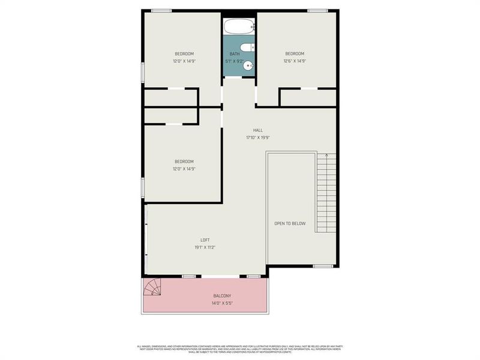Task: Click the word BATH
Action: [x=234, y=54]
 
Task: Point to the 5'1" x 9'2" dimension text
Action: [x=234, y=61]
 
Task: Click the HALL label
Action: [x=258, y=130]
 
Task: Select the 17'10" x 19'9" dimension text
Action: [x=258, y=137]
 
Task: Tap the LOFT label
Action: [x=205, y=240]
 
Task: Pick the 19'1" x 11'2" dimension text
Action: [x=205, y=247]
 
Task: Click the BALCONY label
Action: [x=222, y=296]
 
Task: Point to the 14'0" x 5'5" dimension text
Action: [x=222, y=303]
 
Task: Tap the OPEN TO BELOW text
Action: [x=290, y=224]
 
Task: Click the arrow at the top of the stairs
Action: [x=326, y=156]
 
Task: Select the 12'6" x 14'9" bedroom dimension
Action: [x=295, y=61]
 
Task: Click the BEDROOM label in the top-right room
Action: [x=295, y=53]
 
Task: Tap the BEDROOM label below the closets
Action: [x=184, y=161]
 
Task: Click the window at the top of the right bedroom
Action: [x=317, y=10]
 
